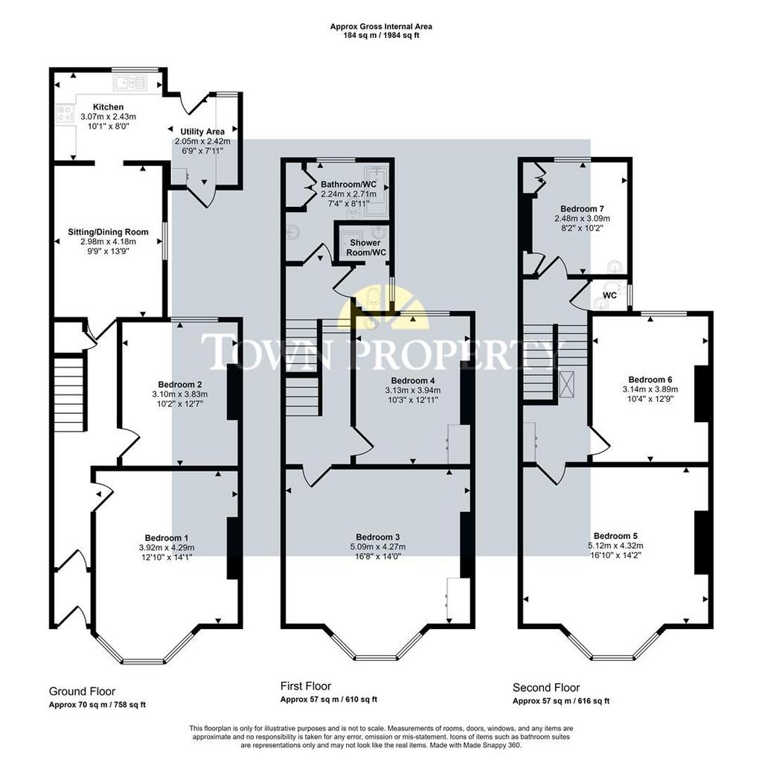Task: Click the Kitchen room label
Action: click(x=108, y=107)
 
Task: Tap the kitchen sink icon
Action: click(x=129, y=83)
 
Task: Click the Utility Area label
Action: click(x=202, y=132)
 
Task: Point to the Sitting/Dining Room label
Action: click(x=108, y=232)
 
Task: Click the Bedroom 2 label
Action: click(x=180, y=385)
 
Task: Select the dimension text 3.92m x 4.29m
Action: click(x=166, y=548)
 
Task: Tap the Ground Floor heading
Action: click(x=82, y=692)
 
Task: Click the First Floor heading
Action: click(x=306, y=686)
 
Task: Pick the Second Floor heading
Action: click(x=546, y=688)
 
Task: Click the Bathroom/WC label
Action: click(x=348, y=185)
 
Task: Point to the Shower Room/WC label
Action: click(x=365, y=247)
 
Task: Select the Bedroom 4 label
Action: click(x=413, y=380)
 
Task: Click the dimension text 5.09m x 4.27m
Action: click(x=378, y=546)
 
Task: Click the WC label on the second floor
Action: click(x=610, y=296)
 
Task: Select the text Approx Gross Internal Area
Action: click(x=381, y=27)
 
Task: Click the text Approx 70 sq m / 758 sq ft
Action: click(x=97, y=705)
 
